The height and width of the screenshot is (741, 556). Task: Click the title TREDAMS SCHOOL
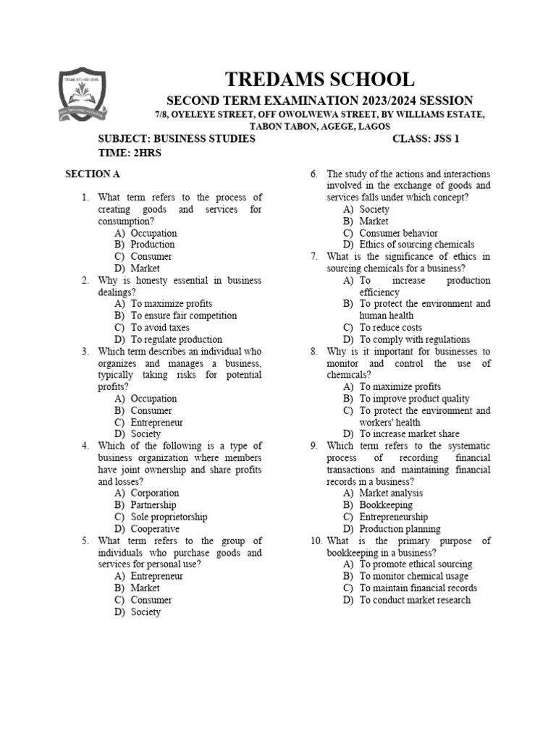point(320,80)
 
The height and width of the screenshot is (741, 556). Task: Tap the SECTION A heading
point(93,174)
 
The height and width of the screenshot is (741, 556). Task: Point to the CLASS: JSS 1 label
point(426,138)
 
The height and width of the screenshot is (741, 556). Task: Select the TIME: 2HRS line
point(130,153)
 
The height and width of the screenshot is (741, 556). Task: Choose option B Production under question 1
point(152,245)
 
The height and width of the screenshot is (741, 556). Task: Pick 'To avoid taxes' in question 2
point(160,328)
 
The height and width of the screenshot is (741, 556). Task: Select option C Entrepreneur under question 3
point(156,423)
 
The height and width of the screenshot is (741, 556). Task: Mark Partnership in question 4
point(153,505)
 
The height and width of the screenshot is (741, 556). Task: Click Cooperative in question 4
point(155,529)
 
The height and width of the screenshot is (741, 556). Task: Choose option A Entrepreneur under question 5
point(156,576)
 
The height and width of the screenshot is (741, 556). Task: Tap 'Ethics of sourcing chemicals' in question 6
point(416,245)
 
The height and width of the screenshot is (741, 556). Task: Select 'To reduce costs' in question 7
point(390,328)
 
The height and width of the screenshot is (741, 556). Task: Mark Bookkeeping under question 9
point(386,505)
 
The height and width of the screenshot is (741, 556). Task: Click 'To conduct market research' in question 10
point(414,600)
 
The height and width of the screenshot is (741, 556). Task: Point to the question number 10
point(316,541)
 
